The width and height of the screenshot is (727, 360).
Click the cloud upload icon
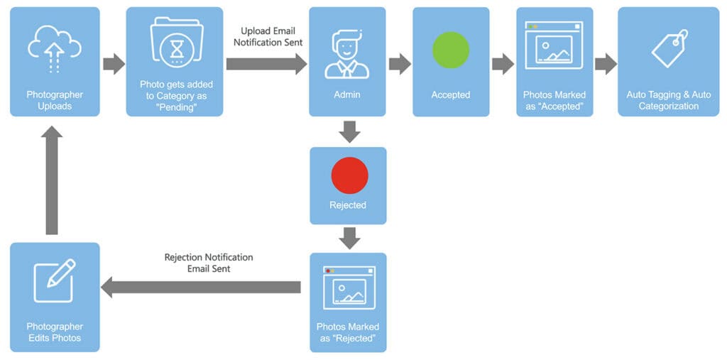click(x=55, y=48)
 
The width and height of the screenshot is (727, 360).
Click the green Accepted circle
click(x=451, y=50)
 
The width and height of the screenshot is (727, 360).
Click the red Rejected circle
click(x=349, y=175)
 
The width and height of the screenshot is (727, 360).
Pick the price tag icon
click(x=669, y=49)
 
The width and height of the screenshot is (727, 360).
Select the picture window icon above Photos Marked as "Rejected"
click(x=349, y=288)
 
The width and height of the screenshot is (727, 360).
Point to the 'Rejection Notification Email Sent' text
click(x=209, y=263)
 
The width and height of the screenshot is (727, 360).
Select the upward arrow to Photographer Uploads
click(x=51, y=181)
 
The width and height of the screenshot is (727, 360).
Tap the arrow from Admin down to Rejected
click(x=349, y=131)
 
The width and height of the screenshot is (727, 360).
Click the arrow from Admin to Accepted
click(x=399, y=64)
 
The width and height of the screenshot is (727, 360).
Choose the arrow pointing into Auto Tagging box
click(x=605, y=64)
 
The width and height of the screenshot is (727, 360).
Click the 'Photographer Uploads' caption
click(x=55, y=100)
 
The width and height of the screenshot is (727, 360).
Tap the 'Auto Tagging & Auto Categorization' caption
click(x=668, y=100)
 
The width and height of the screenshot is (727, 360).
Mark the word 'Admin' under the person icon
click(x=347, y=94)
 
